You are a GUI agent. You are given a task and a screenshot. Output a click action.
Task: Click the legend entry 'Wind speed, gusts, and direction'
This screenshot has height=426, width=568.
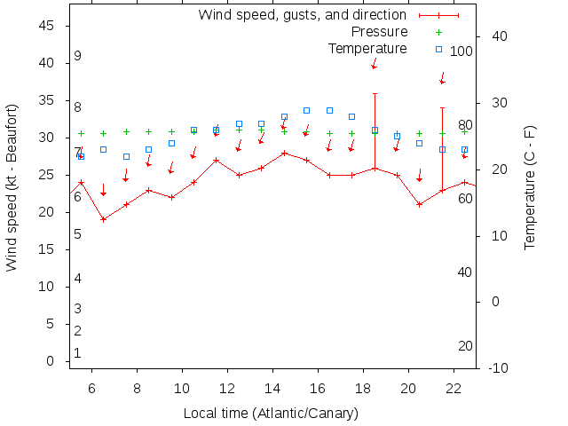[302, 15]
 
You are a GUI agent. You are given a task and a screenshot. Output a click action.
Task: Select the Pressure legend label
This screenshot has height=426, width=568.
[373, 32]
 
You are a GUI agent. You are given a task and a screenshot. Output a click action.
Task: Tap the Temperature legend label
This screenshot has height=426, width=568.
[367, 48]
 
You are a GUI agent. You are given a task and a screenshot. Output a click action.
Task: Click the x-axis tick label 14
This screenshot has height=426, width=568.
[272, 388]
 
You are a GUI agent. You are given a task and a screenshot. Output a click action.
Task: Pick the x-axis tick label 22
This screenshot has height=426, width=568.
[454, 388]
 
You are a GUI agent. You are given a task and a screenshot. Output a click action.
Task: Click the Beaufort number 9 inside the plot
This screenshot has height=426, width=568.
[78, 56]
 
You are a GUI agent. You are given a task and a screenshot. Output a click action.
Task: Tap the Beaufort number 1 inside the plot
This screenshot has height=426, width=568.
[78, 353]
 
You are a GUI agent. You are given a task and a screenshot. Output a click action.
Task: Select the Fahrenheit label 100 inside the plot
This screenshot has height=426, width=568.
[461, 51]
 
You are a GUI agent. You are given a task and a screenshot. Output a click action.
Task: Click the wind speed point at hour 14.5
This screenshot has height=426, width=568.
[284, 153]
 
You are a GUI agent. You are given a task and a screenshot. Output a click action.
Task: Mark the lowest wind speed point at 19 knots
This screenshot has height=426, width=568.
[104, 219]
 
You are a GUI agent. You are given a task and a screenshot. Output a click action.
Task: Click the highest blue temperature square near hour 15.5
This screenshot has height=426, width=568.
[306, 110]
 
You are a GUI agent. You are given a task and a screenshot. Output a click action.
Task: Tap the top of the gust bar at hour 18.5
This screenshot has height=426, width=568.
[375, 93]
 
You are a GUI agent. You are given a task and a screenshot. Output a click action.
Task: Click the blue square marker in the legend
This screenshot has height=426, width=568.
[438, 49]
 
